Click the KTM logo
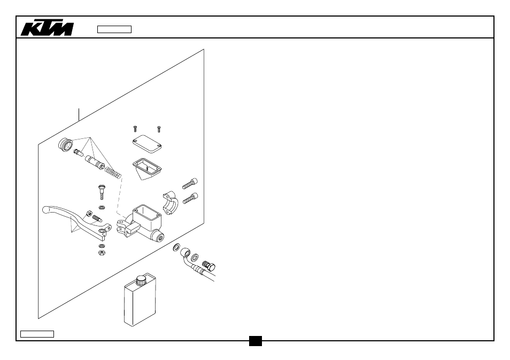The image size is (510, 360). click(47, 28)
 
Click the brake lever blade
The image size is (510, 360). click(75, 219)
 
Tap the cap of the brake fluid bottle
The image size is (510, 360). click(142, 280)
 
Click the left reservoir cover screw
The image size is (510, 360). click(135, 129)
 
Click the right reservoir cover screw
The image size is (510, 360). click(159, 129)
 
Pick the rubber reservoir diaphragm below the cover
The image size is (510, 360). click(146, 169)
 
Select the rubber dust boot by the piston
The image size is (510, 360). click(65, 145)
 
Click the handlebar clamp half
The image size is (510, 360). click(171, 203)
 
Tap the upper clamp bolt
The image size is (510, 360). click(190, 184)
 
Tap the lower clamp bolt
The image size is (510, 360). click(190, 198)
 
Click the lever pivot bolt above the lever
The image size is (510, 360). click(102, 192)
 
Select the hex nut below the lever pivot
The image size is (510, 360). click(102, 253)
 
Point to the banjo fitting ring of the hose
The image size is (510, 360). click(186, 252)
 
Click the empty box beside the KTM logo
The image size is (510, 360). click(114, 29)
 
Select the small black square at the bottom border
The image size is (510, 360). click(256, 341)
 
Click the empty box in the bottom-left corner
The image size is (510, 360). click(37, 334)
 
